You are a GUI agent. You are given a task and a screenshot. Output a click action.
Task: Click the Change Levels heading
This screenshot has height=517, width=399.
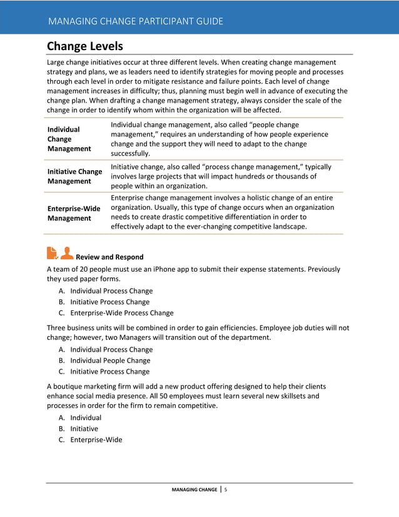click(x=85, y=46)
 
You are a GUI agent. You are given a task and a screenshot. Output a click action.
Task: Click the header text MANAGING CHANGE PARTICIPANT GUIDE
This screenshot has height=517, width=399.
click(x=135, y=21)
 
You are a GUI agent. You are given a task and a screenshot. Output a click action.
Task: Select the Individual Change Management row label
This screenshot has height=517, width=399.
click(x=69, y=138)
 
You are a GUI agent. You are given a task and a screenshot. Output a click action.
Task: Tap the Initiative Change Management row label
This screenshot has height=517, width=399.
click(x=75, y=176)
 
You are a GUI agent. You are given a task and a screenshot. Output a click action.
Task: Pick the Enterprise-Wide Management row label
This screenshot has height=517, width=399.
click(x=74, y=213)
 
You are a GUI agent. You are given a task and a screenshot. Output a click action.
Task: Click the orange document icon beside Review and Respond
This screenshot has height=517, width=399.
click(x=53, y=252)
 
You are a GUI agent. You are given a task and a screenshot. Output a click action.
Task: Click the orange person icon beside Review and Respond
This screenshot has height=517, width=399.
click(x=67, y=252)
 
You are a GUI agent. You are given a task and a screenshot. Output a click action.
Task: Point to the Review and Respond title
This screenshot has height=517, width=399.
click(x=109, y=257)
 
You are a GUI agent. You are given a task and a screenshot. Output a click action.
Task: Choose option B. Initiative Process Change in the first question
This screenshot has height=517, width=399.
click(x=109, y=302)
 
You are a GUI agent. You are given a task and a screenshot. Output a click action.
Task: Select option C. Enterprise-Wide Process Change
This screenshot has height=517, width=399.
click(x=121, y=313)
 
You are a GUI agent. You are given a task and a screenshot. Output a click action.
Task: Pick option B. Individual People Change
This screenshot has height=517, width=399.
click(x=110, y=361)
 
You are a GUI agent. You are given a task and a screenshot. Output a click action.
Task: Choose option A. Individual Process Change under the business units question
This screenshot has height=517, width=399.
click(x=111, y=349)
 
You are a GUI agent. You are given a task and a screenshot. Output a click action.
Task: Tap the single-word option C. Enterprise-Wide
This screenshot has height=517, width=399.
click(x=96, y=439)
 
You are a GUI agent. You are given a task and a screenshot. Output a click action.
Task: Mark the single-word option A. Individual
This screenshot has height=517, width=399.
click(x=85, y=417)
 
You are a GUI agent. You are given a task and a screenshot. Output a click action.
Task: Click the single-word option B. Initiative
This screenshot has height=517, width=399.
click(x=84, y=429)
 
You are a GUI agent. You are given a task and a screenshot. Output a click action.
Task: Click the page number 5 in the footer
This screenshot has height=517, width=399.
click(x=225, y=489)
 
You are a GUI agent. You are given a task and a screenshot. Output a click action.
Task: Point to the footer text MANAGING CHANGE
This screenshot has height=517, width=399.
click(x=194, y=489)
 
